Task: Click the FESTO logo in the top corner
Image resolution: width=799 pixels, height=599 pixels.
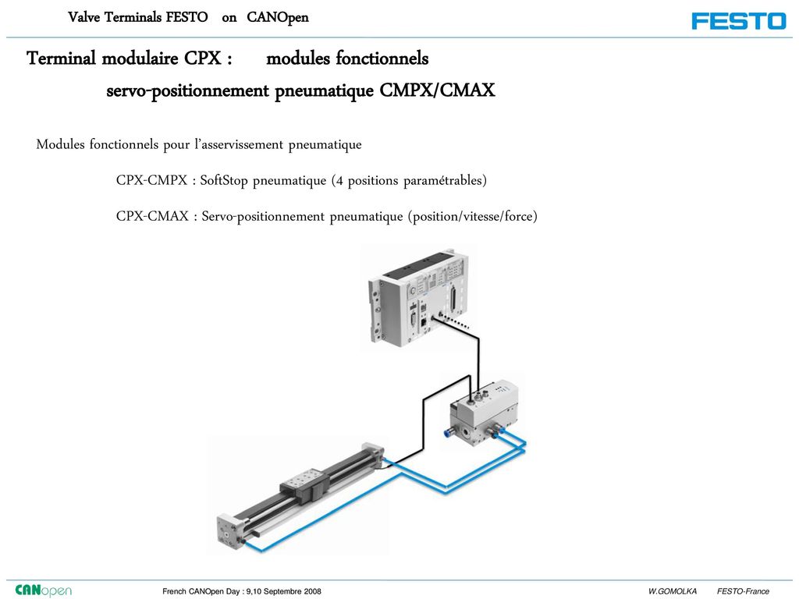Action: tap(739, 21)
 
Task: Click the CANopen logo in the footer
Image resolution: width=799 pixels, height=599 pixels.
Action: tap(44, 590)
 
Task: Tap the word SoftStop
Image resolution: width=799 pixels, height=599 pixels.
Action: tap(224, 181)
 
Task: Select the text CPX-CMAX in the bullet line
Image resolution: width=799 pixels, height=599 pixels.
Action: tap(152, 216)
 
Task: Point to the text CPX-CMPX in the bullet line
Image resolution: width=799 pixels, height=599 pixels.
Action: tap(152, 180)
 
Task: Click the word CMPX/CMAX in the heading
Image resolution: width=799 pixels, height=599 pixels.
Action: tap(437, 90)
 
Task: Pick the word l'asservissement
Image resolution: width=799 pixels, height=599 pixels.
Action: tap(239, 144)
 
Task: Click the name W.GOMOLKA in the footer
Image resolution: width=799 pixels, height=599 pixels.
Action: tap(672, 591)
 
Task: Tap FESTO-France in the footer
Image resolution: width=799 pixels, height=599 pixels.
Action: tap(743, 591)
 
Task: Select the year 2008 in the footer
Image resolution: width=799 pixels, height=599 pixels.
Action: tap(313, 591)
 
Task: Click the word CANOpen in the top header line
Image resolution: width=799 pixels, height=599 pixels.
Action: tap(278, 17)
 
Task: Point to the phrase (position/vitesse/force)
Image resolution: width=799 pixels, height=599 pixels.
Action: tap(472, 217)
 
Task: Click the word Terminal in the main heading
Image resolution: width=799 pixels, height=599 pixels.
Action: tap(61, 58)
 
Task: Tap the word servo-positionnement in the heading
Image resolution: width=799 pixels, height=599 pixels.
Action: tap(187, 90)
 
